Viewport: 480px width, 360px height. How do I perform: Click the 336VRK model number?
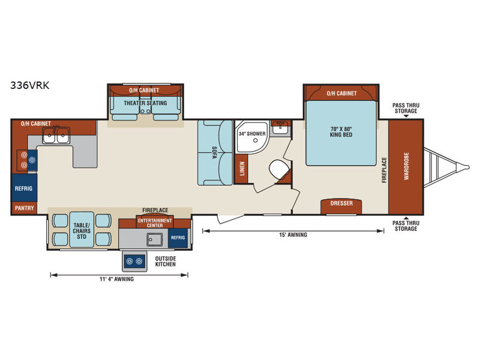pos(29,85)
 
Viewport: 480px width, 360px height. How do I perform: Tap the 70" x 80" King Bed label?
pos(341,132)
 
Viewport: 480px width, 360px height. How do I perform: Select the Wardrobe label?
pos(406,166)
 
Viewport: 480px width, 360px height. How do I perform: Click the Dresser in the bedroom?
pos(341,206)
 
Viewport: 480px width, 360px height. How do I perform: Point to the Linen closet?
pos(242,169)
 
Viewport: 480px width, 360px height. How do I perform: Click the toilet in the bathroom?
pos(279,169)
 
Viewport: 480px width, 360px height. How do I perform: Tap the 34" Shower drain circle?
pos(256,140)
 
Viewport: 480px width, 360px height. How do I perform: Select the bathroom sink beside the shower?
pos(280,128)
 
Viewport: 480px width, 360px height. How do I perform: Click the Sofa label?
pos(214,152)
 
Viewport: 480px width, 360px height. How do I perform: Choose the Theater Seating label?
pos(145,103)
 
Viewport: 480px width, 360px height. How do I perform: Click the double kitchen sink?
pos(56,135)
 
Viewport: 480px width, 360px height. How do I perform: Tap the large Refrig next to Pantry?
pos(24,188)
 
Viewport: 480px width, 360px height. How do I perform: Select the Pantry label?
pos(25,208)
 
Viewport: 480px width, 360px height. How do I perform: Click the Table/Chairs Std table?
pos(82,229)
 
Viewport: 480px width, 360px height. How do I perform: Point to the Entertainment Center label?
pos(155,223)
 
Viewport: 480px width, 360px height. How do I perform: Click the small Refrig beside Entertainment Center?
pos(178,238)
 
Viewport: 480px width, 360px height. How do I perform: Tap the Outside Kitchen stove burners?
pos(134,261)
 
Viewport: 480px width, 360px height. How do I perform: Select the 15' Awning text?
pos(293,235)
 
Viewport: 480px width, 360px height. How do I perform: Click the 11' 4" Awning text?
pos(116,279)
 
